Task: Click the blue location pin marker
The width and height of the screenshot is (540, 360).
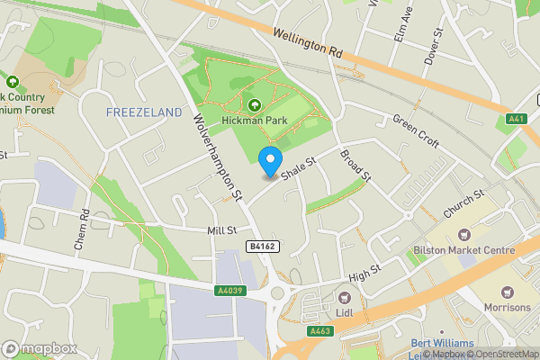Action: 269,162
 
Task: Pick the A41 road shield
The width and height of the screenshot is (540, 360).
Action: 517,118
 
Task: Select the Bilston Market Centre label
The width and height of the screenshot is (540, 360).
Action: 463,250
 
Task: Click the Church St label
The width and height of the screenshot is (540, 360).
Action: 463,204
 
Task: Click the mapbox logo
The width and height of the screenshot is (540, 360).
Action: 40,348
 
